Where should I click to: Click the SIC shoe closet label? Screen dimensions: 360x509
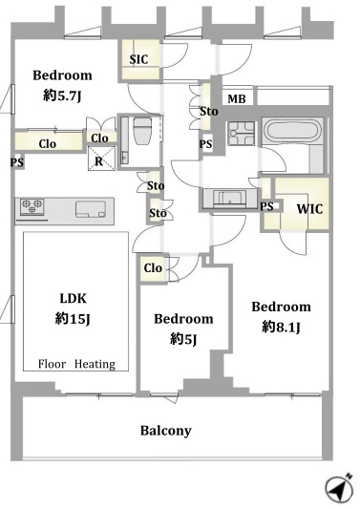138,59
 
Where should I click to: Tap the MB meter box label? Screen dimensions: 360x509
236,98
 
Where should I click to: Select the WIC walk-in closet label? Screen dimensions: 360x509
309,209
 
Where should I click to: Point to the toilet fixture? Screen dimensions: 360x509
142,130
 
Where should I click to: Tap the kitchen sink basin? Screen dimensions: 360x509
91,209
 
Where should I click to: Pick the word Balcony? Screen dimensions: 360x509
165,431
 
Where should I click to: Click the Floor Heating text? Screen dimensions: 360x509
76,364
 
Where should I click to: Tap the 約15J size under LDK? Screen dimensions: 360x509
73,319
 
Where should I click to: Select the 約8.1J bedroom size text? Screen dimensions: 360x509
281,327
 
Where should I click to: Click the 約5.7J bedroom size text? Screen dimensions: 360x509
62,95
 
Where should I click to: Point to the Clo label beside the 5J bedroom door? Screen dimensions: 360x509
153,268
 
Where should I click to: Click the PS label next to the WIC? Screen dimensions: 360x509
266,206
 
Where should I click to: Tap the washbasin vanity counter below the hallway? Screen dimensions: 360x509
229,199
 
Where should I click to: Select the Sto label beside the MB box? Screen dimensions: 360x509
209,112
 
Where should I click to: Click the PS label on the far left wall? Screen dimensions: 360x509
17,162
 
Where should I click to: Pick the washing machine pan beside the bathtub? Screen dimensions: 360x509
241,133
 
